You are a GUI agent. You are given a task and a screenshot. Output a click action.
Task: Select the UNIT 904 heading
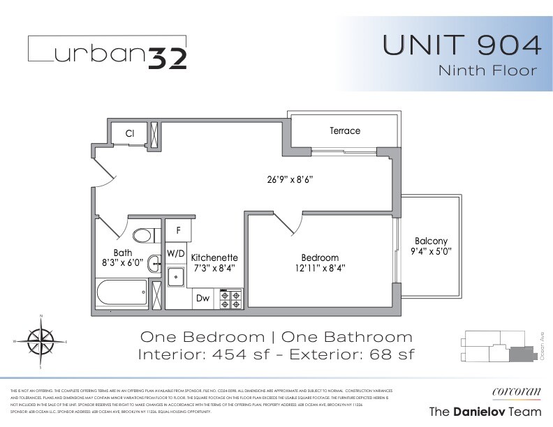[462, 45]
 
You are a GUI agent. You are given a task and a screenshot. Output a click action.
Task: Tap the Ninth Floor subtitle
[487, 70]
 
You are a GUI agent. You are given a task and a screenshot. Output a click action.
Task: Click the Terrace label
[344, 131]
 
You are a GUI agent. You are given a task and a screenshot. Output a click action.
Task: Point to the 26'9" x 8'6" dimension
[289, 179]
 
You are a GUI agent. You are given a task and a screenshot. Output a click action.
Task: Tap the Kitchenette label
[214, 257]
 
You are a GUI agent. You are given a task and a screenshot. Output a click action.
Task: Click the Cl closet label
[130, 133]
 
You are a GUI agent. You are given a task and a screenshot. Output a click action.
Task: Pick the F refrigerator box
[179, 230]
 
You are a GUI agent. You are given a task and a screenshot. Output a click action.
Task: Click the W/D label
[175, 252]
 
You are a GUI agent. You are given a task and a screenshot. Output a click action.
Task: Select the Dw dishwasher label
[202, 298]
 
